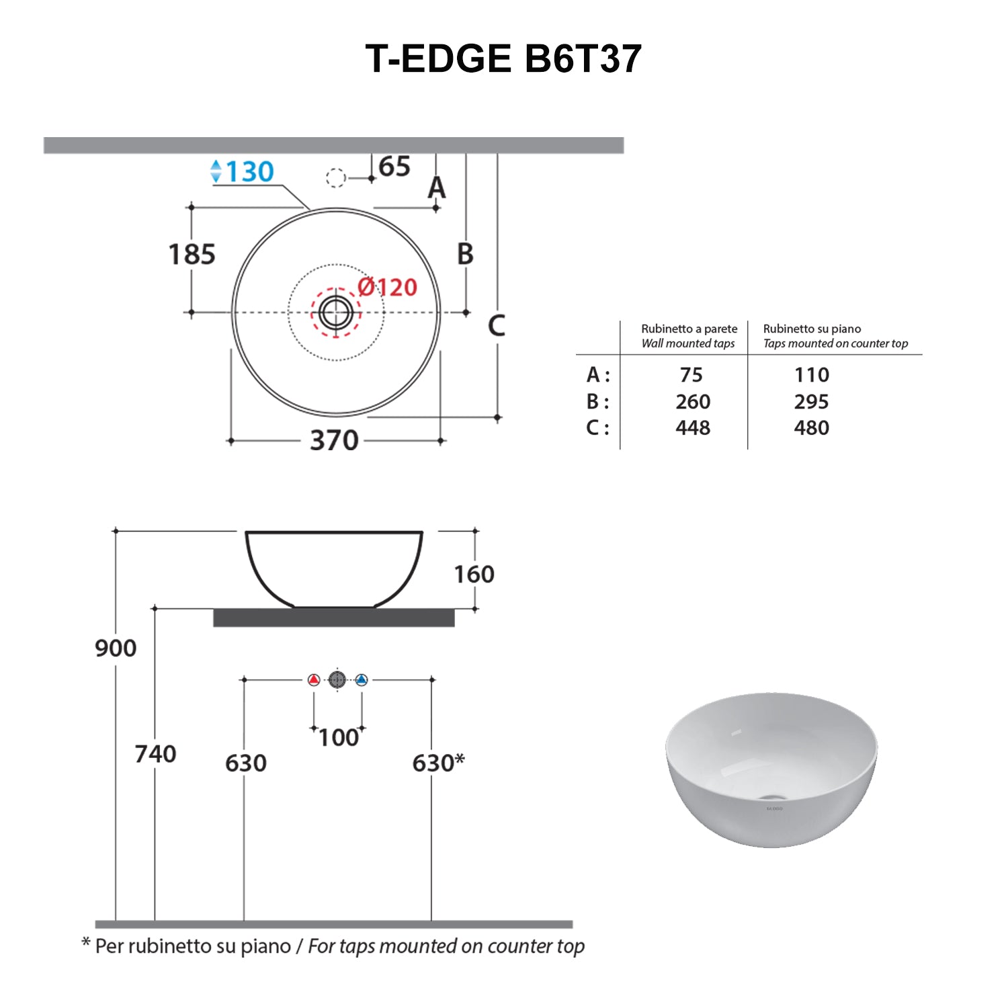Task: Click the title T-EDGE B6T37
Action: tap(503, 58)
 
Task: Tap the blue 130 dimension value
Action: tap(249, 171)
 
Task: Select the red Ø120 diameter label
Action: tap(387, 288)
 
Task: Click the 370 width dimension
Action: tap(334, 441)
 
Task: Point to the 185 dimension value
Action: tap(192, 255)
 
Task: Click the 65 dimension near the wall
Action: tap(394, 167)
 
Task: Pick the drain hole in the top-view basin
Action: tap(335, 312)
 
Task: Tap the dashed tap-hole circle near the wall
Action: tap(335, 178)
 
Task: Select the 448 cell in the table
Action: tap(693, 428)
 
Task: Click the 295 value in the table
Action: tap(811, 402)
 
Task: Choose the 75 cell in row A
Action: tap(691, 375)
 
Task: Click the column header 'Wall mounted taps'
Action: tap(688, 343)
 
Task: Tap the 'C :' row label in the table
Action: tap(597, 428)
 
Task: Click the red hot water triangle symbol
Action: tap(314, 680)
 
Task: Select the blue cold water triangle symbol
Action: tap(362, 680)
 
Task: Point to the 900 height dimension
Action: tap(116, 648)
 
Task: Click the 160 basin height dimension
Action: tap(474, 575)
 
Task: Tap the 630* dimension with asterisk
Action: tap(438, 763)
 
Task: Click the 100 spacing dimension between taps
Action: tap(339, 738)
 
